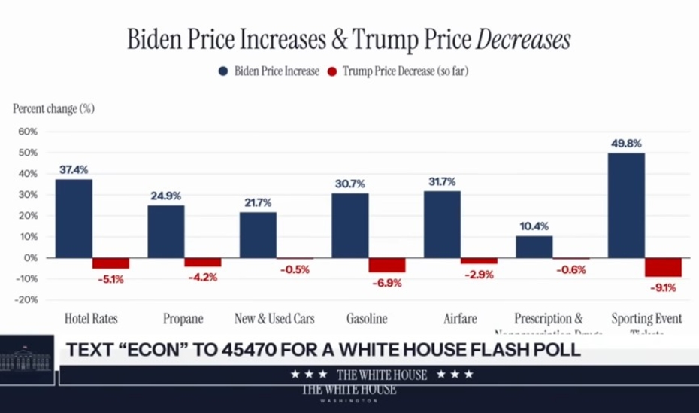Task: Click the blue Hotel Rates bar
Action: [x=74, y=218]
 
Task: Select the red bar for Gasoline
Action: [x=387, y=265]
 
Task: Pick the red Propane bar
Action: [x=203, y=262]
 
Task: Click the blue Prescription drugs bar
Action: [x=534, y=247]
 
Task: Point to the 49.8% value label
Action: [x=626, y=143]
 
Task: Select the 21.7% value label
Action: [x=258, y=202]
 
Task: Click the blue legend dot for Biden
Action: [x=223, y=71]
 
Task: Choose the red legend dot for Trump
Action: [x=331, y=71]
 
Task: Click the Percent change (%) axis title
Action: [x=53, y=108]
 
